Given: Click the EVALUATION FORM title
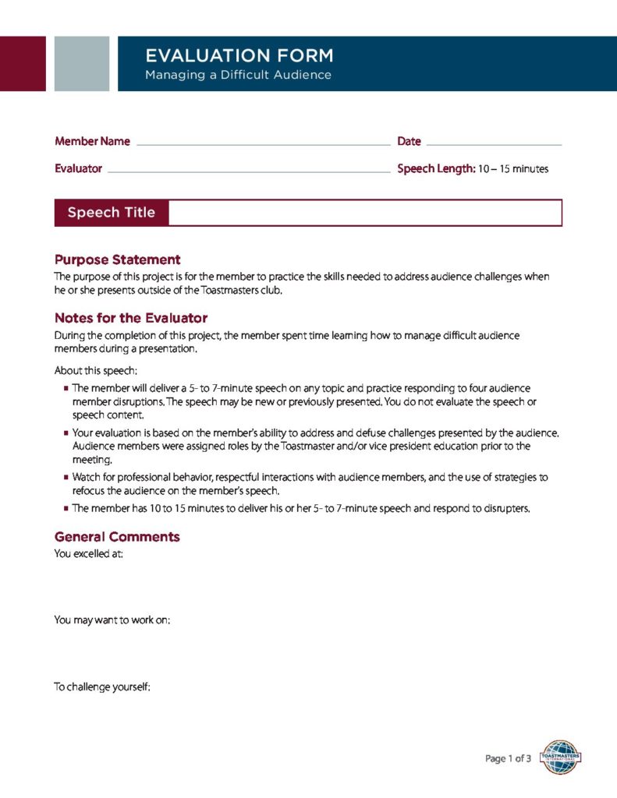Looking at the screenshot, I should tap(239, 55).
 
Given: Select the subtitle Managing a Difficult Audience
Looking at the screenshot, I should tap(238, 75).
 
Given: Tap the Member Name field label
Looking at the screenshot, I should tap(92, 142).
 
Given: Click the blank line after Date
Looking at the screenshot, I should tap(494, 144).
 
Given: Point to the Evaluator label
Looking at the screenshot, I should tap(78, 168).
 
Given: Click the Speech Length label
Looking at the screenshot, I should tap(436, 168).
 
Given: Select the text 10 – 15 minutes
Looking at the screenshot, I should tap(513, 169).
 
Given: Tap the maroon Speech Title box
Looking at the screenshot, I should tap(112, 213).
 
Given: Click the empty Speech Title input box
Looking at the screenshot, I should tap(364, 213).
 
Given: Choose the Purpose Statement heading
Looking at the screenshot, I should tap(117, 260).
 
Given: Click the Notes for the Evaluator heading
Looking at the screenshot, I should tap(130, 318).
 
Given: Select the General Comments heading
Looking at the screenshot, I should tap(117, 537).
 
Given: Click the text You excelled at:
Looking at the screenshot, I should tap(88, 554).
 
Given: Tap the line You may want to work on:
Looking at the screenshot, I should tap(112, 620).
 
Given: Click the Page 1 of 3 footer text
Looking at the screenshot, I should tap(508, 758).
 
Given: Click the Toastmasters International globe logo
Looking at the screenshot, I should tap(560, 757).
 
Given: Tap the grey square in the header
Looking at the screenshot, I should tap(82, 63).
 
